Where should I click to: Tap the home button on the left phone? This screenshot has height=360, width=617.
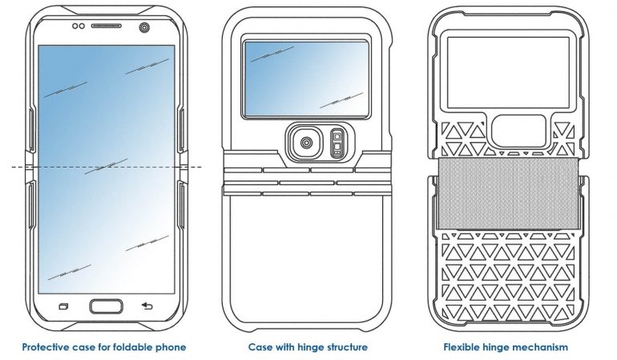(x=106, y=305)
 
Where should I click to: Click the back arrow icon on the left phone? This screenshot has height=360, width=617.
(x=147, y=305)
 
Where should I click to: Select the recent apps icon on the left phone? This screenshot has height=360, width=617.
(x=64, y=305)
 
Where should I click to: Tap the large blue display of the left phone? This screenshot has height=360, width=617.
(x=106, y=120)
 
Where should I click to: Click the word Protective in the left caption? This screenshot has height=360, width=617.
(x=46, y=348)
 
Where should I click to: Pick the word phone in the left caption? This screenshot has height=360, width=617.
(x=171, y=348)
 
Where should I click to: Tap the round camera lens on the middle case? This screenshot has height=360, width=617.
(x=306, y=144)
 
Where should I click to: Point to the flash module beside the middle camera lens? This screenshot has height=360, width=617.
(x=337, y=144)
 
